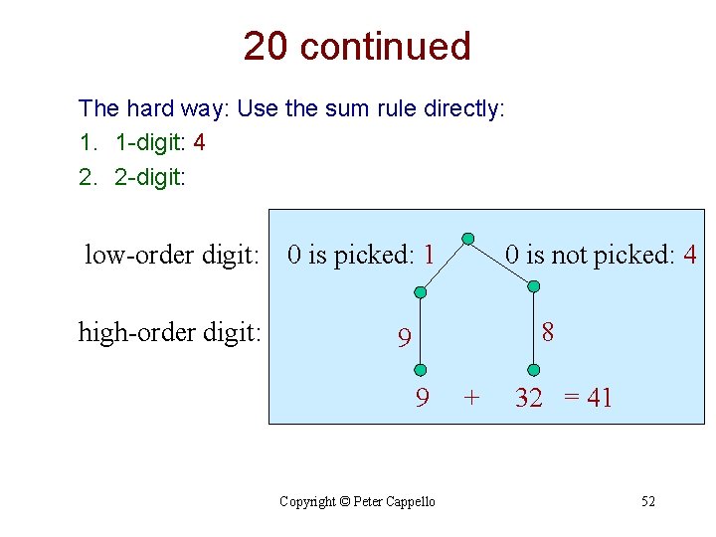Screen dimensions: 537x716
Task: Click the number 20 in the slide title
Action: [266, 47]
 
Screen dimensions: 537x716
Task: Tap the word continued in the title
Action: [385, 47]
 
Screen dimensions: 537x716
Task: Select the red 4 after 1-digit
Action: [200, 142]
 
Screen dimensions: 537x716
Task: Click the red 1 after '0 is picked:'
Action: [429, 255]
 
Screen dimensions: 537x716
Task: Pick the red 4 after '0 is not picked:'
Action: [690, 255]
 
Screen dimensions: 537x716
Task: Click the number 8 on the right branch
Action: [548, 331]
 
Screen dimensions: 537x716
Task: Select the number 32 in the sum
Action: [529, 399]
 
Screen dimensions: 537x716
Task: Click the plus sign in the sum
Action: [471, 399]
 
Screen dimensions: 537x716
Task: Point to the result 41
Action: [600, 399]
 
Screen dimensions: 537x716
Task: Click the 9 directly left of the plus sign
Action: [423, 399]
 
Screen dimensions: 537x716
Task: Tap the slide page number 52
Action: [647, 501]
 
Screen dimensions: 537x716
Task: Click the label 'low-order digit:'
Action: [171, 256]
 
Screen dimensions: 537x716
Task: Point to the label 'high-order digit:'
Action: [169, 331]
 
